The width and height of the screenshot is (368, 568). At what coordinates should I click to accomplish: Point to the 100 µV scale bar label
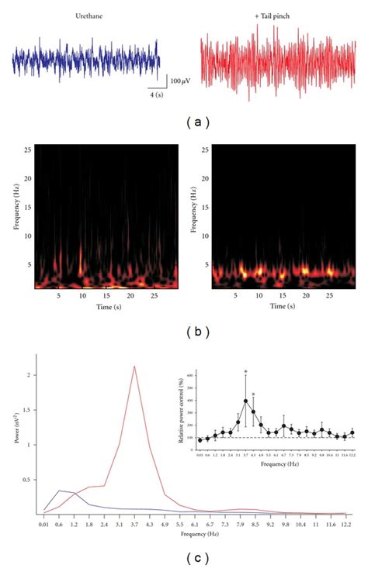pyautogui.click(x=182, y=81)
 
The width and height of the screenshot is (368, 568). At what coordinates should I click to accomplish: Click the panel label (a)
pyautogui.click(x=184, y=122)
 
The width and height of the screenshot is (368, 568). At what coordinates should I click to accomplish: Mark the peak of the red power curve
pyautogui.click(x=135, y=367)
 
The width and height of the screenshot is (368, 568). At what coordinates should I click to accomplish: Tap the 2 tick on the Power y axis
pyautogui.click(x=30, y=375)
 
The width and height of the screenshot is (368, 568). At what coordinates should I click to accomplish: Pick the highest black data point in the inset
pyautogui.click(x=245, y=401)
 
